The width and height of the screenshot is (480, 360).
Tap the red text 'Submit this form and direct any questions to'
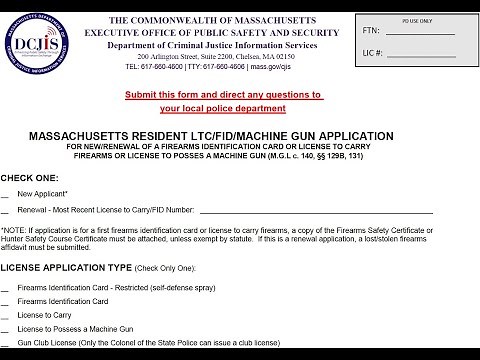point(224,95)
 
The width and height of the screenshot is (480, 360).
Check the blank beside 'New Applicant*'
point(7,193)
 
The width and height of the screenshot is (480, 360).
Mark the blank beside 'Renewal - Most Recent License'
point(7,212)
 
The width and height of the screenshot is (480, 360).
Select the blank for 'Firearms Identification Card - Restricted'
point(7,287)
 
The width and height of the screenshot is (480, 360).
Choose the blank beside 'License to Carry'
point(7,315)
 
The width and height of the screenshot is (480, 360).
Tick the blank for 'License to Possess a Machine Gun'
point(7,329)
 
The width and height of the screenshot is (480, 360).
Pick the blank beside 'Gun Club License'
point(7,343)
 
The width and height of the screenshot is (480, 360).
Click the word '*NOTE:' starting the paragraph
point(17,232)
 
